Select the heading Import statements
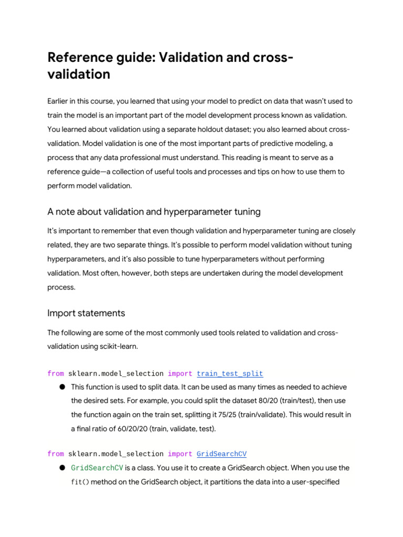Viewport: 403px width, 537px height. (x=86, y=313)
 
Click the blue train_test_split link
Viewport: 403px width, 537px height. (x=230, y=374)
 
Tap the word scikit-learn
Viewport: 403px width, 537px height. (x=127, y=347)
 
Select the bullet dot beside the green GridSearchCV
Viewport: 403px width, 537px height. (x=62, y=468)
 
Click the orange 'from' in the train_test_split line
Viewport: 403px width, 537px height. (x=56, y=374)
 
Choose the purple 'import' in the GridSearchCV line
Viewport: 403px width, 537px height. (x=180, y=454)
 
